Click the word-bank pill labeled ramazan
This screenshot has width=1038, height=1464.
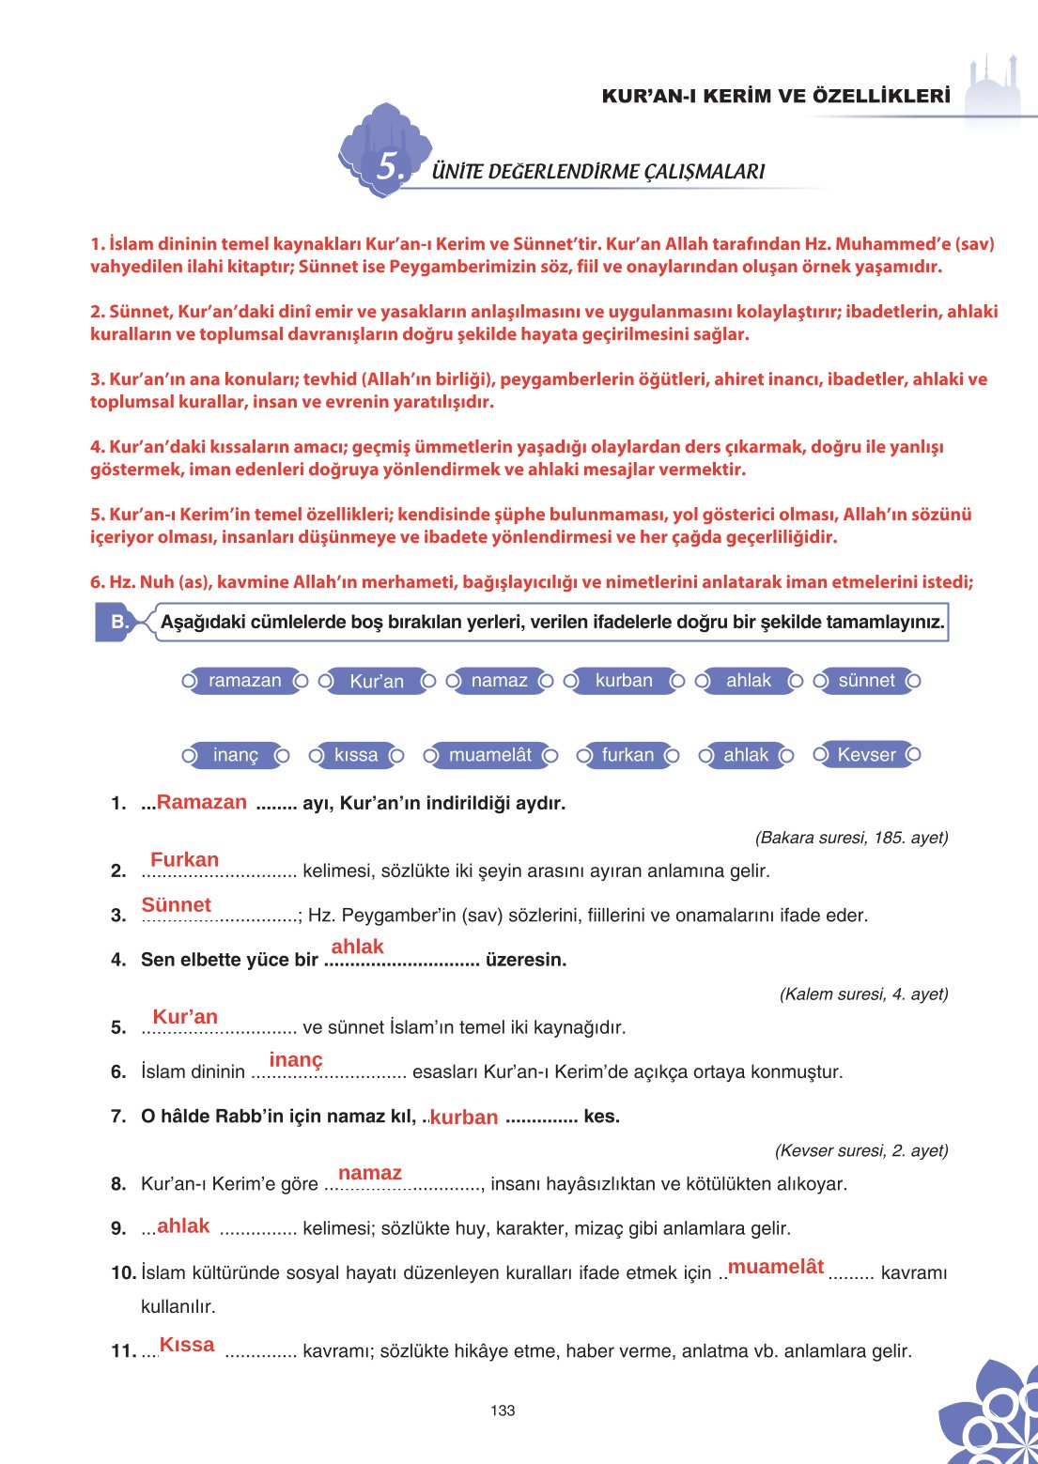coord(244,681)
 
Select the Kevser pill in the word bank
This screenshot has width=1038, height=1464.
coord(866,754)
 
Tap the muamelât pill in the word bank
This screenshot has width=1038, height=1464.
coord(489,755)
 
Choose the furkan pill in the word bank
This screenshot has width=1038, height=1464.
coord(627,755)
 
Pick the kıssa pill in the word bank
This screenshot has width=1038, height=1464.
coord(356,755)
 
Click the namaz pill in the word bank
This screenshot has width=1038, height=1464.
coord(499,681)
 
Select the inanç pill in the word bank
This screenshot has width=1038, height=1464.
coord(235,755)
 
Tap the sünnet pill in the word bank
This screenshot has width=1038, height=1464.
coord(866,681)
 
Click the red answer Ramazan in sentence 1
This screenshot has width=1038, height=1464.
coord(202,802)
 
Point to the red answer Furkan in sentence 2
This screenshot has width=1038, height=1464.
coord(184,859)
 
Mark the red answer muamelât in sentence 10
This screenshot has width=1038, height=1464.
coord(776,1267)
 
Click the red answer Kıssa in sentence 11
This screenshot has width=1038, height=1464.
coord(187,1345)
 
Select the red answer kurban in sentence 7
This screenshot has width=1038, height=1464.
coord(464,1117)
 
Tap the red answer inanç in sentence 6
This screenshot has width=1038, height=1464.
coord(296,1060)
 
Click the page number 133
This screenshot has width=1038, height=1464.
coord(503,1410)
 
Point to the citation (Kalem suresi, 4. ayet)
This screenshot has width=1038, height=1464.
coord(863,994)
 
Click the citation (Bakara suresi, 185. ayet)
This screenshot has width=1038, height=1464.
coord(851,837)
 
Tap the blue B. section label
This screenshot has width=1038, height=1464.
coord(119,622)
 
